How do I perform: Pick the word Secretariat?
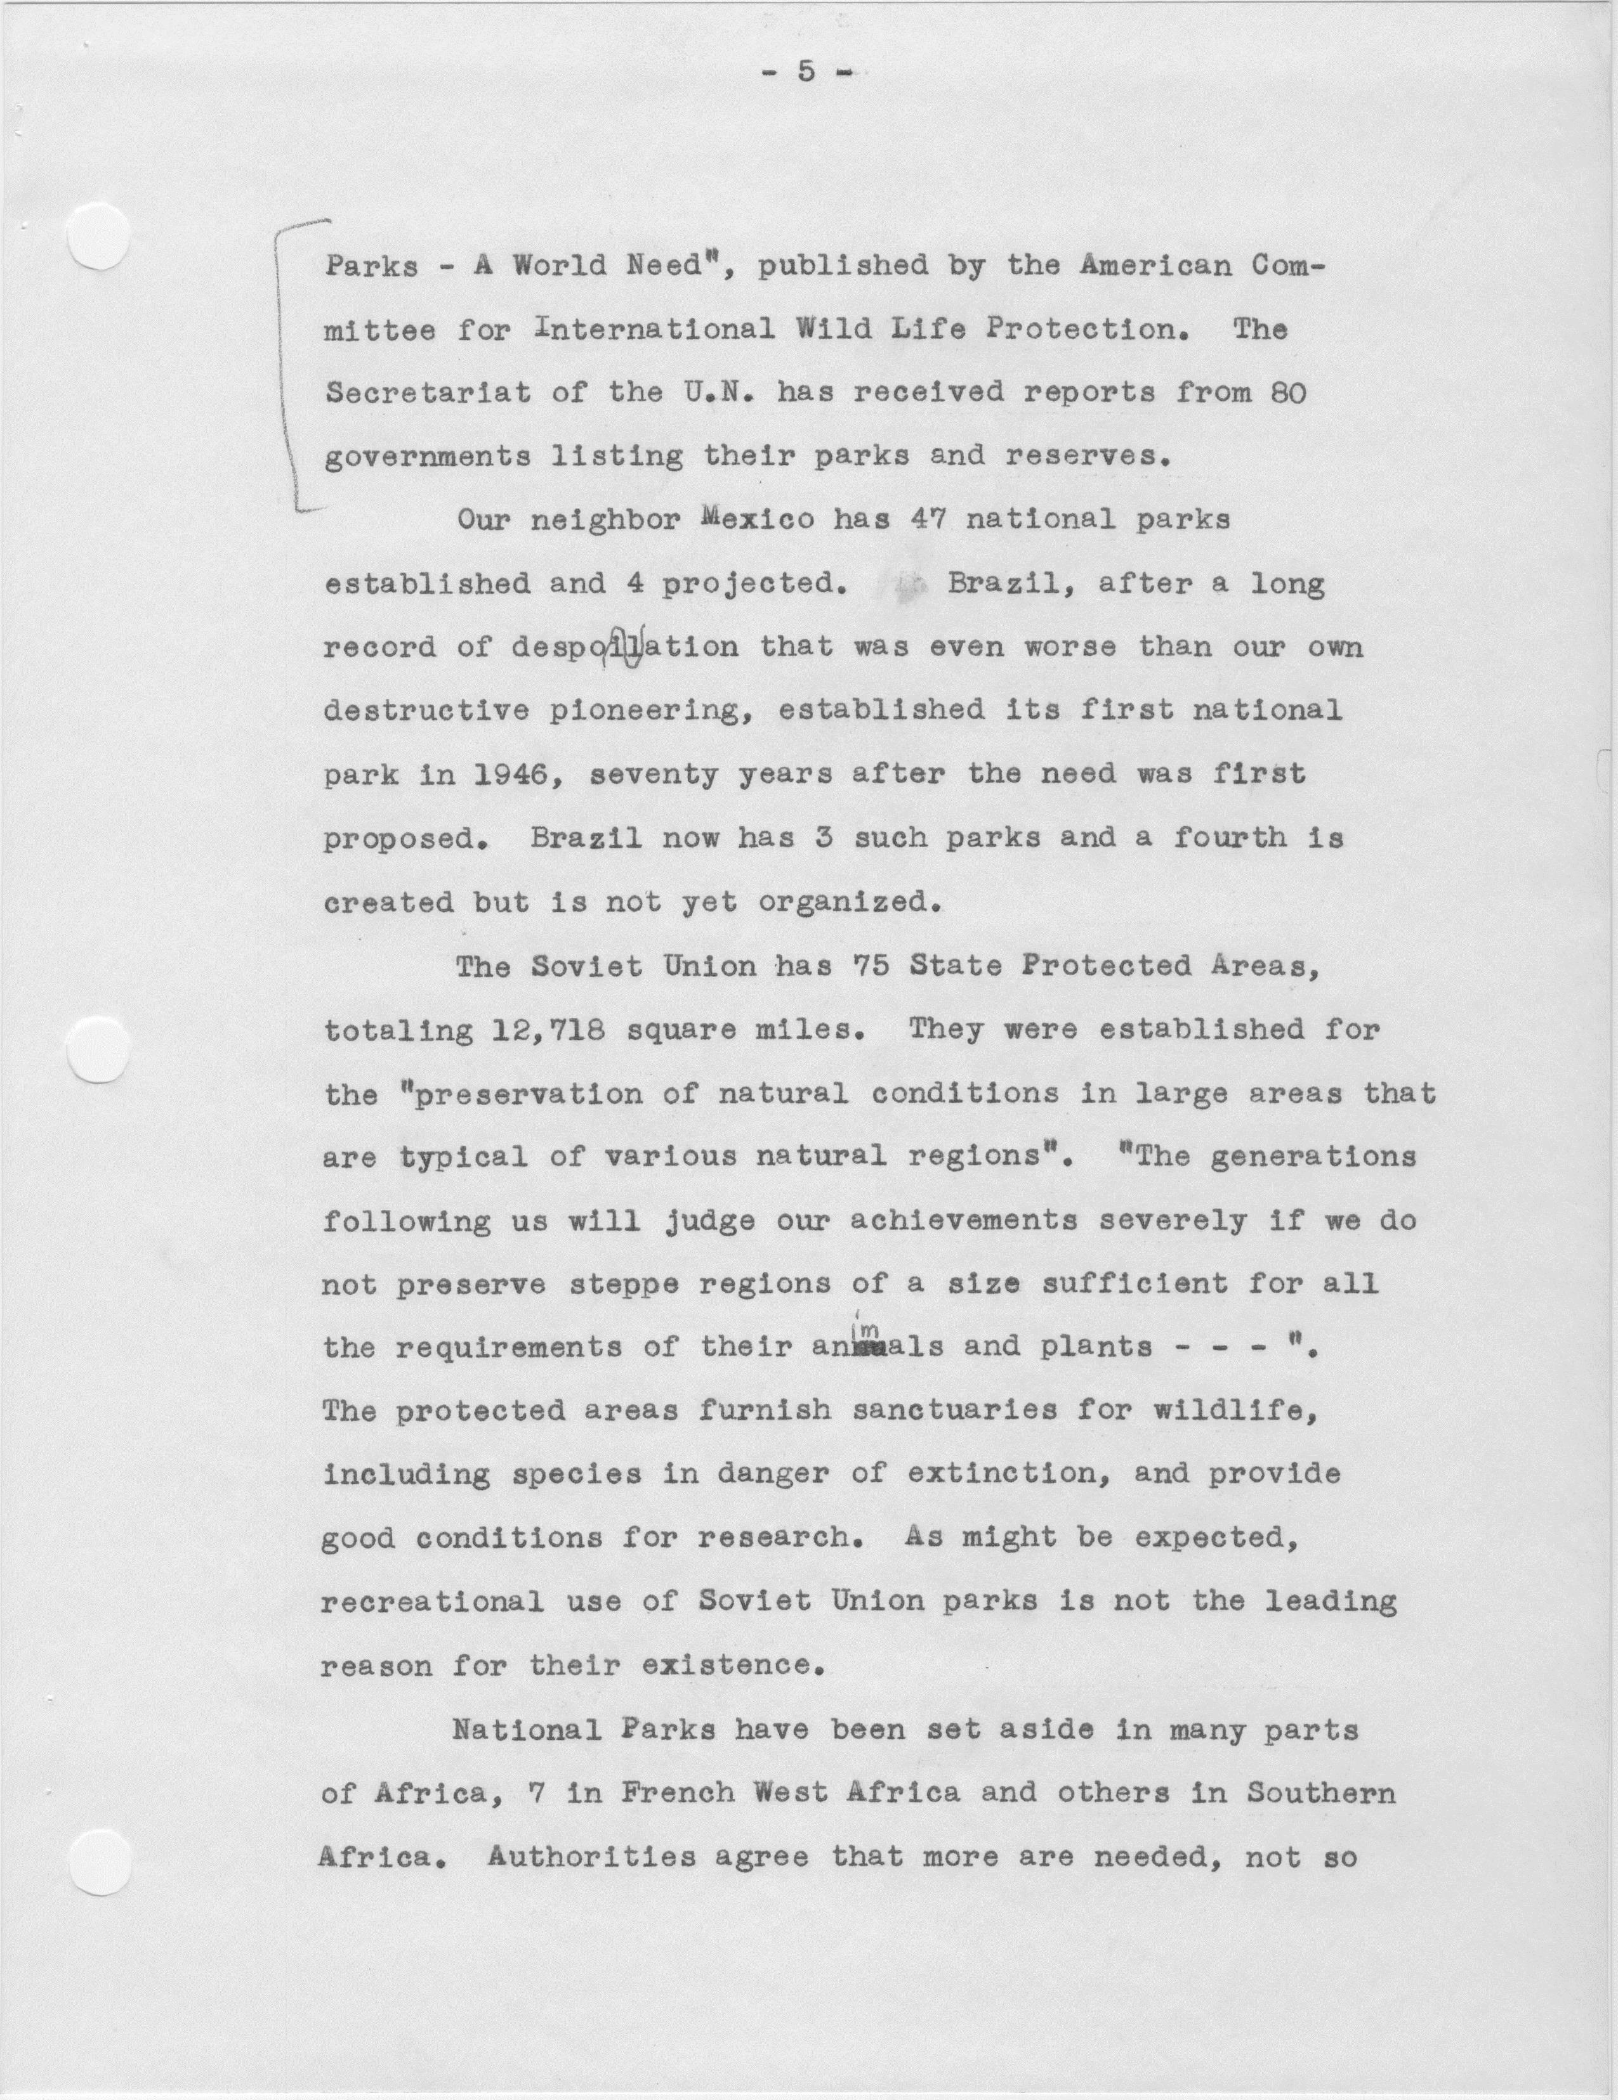point(427,393)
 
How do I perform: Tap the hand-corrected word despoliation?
point(625,647)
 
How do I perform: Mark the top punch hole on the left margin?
point(100,238)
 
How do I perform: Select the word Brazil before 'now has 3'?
point(585,838)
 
